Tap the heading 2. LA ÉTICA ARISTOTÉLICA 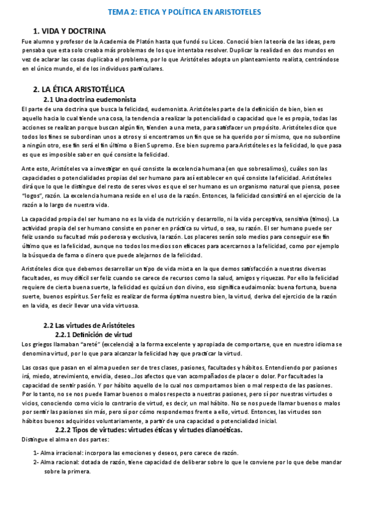tap(79, 89)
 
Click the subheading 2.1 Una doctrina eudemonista tap(90, 99)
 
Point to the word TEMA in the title tap(118, 12)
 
